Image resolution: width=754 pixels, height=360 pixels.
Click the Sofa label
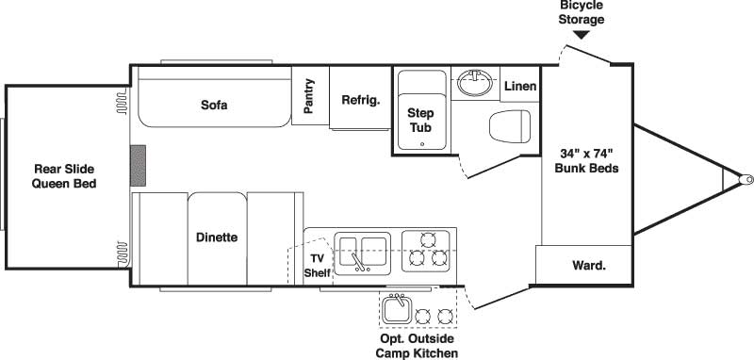tap(214, 105)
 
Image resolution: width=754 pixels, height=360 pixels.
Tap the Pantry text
tap(309, 96)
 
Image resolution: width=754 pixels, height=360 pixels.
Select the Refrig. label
tap(360, 100)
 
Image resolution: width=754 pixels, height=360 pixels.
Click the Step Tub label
tap(420, 119)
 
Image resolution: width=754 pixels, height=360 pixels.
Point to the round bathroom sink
tap(475, 84)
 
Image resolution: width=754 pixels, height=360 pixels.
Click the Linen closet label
tap(520, 87)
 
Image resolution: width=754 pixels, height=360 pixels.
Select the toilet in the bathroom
tap(512, 126)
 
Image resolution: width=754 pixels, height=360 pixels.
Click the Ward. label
tap(589, 265)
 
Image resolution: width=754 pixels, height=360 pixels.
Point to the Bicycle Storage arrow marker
tap(582, 35)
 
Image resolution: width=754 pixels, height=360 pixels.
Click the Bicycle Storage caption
tap(581, 13)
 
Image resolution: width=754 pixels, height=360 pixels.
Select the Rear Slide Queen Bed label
tap(65, 176)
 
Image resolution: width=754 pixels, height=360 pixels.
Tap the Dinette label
tap(217, 237)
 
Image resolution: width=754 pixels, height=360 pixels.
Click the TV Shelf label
tap(317, 265)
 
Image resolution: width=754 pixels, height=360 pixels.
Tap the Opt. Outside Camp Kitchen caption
tap(417, 346)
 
